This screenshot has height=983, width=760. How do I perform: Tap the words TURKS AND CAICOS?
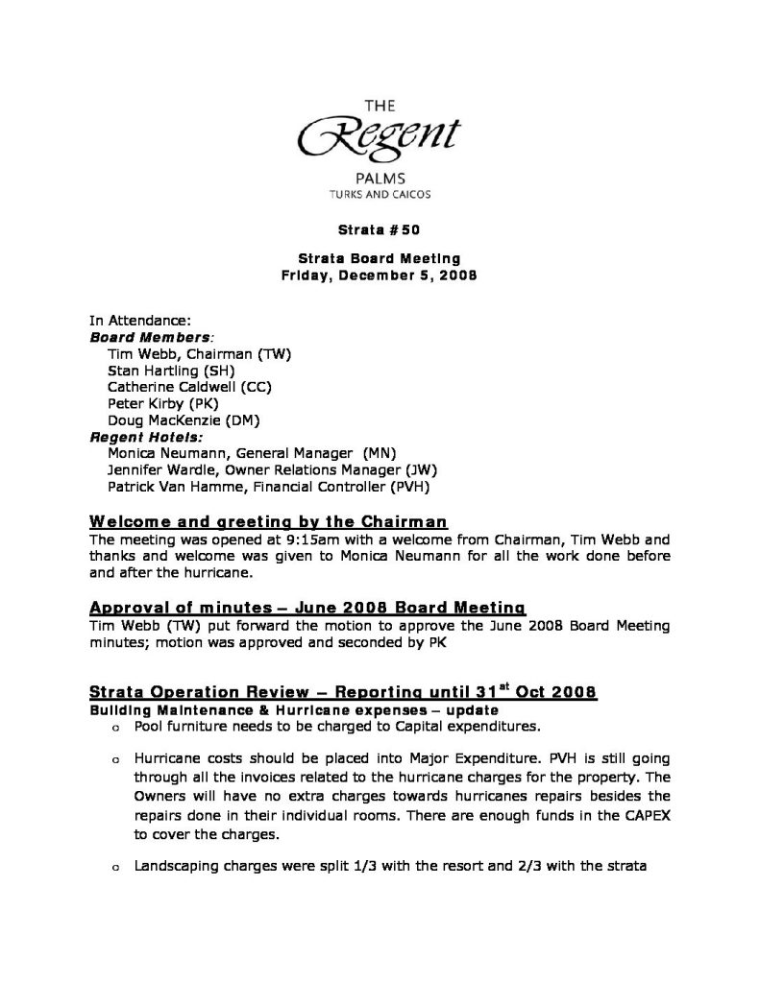(x=380, y=193)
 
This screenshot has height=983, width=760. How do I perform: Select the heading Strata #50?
(x=380, y=230)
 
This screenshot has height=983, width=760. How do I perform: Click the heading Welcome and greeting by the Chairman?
(x=268, y=521)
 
